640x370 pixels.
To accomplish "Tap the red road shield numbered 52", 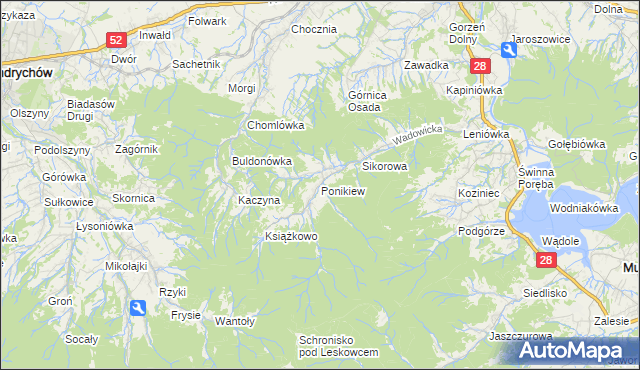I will pyautogui.click(x=117, y=40).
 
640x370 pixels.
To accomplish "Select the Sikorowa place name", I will pyautogui.click(x=384, y=166).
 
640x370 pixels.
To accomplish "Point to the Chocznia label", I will pyautogui.click(x=313, y=29).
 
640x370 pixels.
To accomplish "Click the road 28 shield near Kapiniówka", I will pyautogui.click(x=481, y=66).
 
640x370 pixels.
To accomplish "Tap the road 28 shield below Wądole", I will pyautogui.click(x=546, y=260).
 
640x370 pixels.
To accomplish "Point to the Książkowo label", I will pyautogui.click(x=290, y=237).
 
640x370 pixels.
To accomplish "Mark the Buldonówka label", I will pyautogui.click(x=261, y=160).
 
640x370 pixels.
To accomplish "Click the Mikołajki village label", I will pyautogui.click(x=127, y=267).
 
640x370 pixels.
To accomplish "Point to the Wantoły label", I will pyautogui.click(x=236, y=321).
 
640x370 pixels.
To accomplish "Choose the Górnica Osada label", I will pyautogui.click(x=367, y=103).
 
